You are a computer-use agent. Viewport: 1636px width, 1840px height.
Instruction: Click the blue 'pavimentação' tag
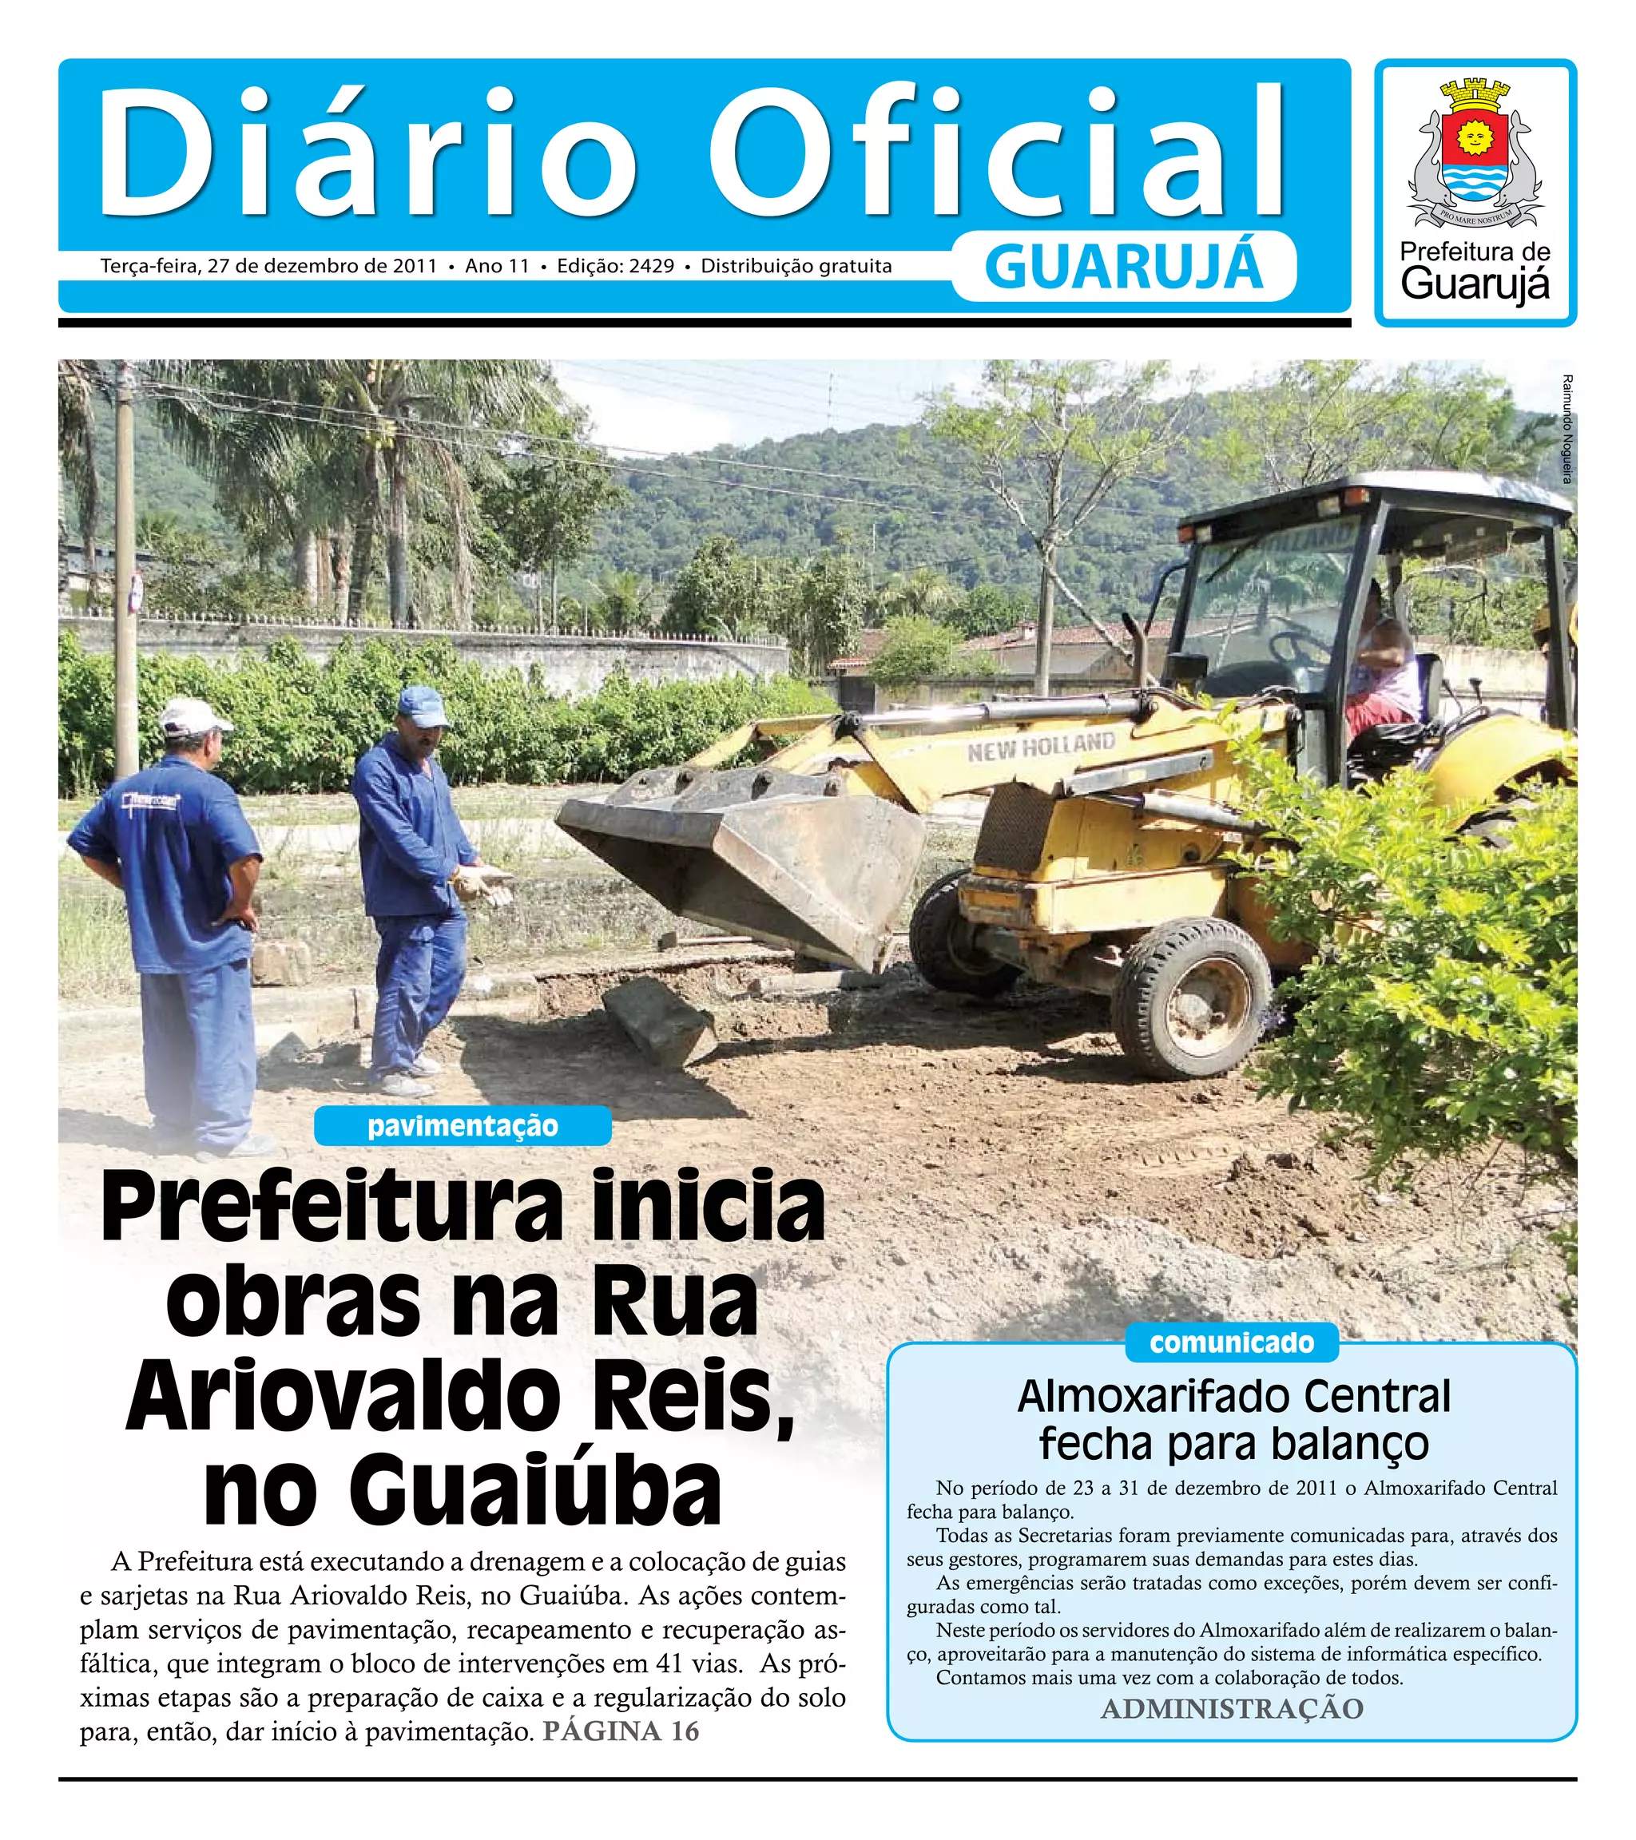pyautogui.click(x=462, y=1126)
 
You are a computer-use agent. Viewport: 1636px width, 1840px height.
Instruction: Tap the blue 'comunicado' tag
pyautogui.click(x=1231, y=1342)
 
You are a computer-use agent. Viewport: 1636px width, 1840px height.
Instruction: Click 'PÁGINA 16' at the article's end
pyautogui.click(x=621, y=1731)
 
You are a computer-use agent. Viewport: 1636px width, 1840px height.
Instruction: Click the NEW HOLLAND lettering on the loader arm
pyautogui.click(x=1041, y=746)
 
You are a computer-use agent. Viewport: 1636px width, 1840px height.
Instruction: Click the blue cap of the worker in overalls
pyautogui.click(x=423, y=704)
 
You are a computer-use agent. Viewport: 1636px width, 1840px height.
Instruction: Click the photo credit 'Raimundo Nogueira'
pyautogui.click(x=1567, y=429)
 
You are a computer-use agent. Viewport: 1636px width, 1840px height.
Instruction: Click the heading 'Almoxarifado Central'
pyautogui.click(x=1233, y=1396)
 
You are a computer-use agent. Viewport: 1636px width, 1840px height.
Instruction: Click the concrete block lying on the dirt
pyautogui.click(x=657, y=1021)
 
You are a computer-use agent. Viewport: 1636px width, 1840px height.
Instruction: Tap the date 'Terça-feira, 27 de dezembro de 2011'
pyautogui.click(x=268, y=267)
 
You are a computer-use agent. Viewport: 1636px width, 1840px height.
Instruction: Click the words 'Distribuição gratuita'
pyautogui.click(x=796, y=267)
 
